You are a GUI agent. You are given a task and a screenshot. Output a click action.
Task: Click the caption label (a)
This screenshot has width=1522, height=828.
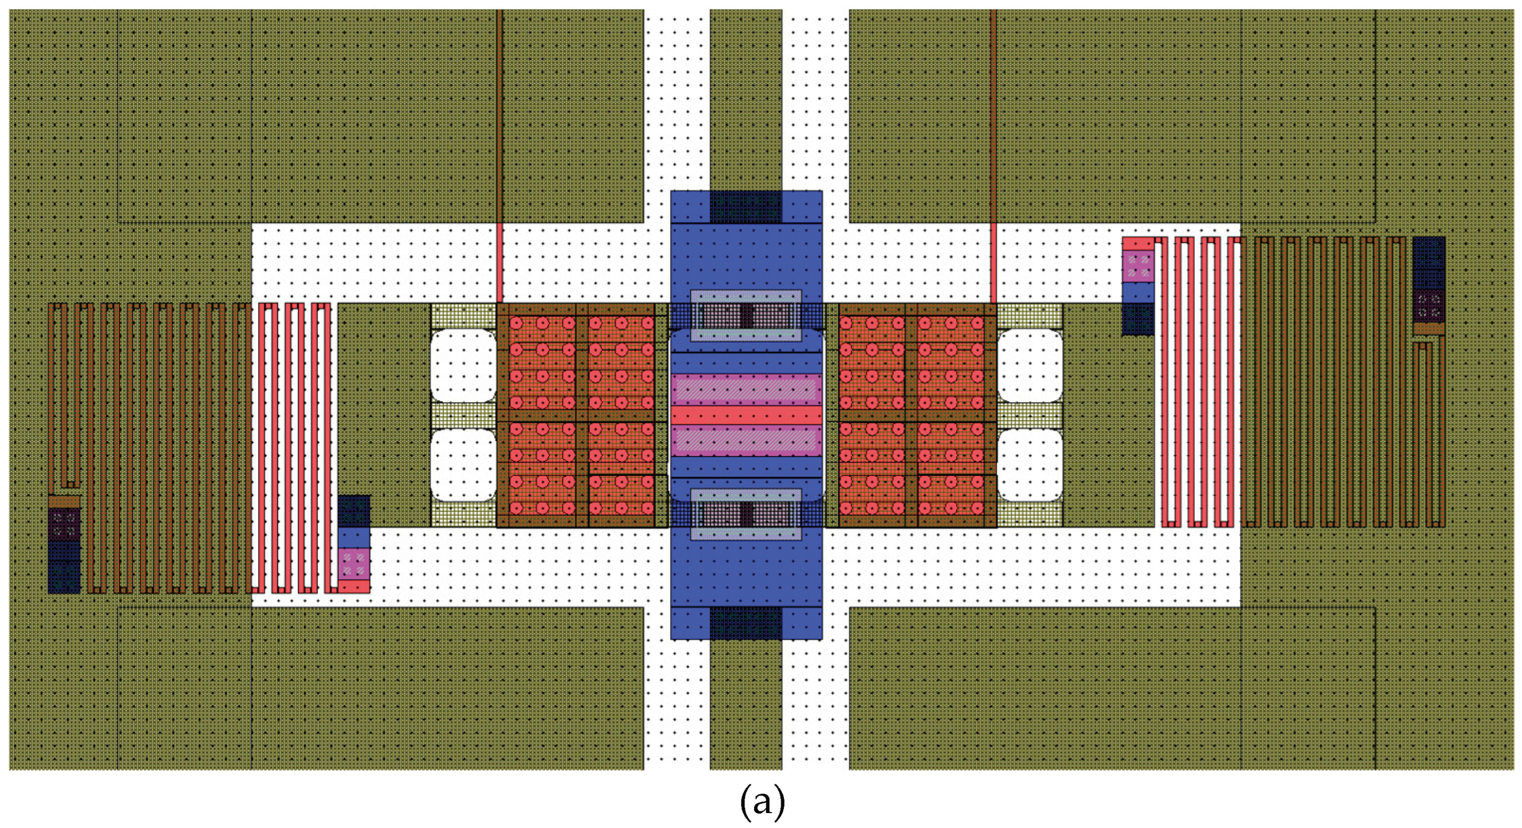click(762, 803)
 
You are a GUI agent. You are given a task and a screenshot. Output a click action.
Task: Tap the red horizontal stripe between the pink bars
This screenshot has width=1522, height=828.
click(746, 415)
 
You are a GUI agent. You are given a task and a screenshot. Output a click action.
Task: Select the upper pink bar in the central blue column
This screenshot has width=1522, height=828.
click(746, 390)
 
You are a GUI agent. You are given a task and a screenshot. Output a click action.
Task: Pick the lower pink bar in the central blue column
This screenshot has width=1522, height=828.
click(746, 440)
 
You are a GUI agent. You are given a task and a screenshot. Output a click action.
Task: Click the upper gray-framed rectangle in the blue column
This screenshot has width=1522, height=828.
click(746, 315)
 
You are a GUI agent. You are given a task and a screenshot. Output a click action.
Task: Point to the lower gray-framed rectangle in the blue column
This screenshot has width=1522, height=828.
click(746, 514)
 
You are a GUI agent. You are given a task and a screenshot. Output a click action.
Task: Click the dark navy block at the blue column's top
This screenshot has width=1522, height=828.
click(746, 207)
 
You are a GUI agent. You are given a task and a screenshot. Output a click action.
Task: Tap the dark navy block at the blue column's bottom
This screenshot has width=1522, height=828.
click(746, 623)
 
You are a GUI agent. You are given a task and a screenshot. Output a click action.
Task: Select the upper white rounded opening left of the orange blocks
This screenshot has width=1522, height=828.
click(463, 365)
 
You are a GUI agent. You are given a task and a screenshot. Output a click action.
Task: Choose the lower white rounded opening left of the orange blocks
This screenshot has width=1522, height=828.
click(463, 465)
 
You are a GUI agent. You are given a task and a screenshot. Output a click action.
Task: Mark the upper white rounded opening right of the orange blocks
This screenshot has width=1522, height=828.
click(1030, 365)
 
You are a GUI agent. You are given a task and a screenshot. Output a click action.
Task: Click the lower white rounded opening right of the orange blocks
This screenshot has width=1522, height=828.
click(1030, 465)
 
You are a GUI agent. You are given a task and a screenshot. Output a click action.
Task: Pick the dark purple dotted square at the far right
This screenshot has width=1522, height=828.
click(1429, 305)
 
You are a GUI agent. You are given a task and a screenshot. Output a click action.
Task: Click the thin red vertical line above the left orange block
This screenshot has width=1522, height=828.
click(500, 263)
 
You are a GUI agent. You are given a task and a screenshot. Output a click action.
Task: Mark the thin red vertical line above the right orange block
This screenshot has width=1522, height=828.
click(994, 263)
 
